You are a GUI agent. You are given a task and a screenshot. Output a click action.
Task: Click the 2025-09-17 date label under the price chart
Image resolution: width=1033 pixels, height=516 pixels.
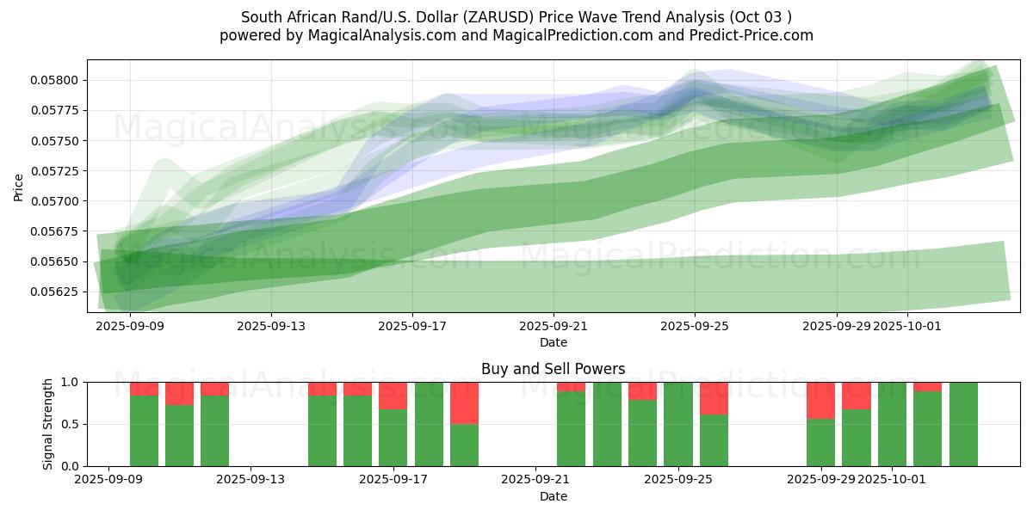(412, 327)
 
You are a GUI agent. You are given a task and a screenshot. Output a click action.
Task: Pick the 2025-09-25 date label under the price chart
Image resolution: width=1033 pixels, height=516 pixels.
(695, 327)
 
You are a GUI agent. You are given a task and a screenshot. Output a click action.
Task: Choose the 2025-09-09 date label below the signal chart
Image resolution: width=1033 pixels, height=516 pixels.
(108, 480)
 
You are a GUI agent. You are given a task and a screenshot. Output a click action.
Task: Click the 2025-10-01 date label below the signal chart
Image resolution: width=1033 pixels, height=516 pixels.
(893, 480)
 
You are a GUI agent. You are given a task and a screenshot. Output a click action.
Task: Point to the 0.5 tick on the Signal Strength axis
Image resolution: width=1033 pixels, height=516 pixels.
(70, 424)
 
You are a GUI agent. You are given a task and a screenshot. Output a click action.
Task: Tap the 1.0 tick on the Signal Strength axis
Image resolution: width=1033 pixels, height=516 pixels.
(70, 382)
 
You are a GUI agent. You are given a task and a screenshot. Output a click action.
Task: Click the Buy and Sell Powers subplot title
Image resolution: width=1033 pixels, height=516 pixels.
(553, 370)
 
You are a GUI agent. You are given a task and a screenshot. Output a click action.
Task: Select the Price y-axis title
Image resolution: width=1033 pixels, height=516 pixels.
(19, 186)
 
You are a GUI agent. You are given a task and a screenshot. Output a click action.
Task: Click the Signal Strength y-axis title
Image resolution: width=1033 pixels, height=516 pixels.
(48, 424)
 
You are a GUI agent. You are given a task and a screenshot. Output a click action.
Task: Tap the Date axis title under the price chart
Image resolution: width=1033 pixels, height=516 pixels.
(553, 342)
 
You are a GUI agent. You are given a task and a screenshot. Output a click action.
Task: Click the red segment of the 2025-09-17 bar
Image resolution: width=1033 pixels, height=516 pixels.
(393, 396)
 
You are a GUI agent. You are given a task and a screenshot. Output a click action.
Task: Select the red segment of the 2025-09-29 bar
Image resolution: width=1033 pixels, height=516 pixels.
(821, 400)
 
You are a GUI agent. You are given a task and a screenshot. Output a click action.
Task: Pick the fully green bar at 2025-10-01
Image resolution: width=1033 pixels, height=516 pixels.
(892, 424)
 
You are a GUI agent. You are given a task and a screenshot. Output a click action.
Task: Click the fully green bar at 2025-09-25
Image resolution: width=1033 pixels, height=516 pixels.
(678, 424)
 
